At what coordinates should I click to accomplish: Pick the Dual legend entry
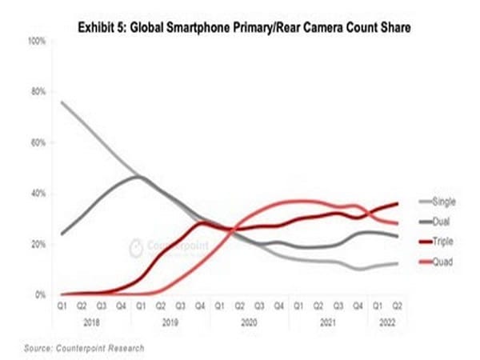[x=439, y=220]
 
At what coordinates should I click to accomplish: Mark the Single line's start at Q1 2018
[x=62, y=102]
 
